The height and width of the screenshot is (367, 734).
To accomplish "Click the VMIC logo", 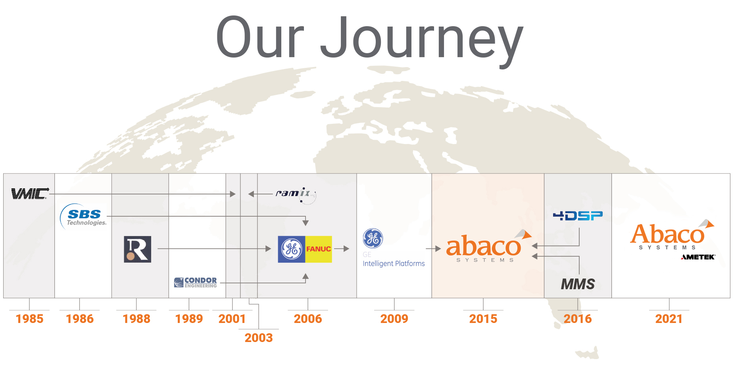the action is [30, 193].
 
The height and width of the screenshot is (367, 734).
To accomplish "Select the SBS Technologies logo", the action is [83, 217].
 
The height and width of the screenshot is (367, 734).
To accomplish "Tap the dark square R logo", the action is [137, 249].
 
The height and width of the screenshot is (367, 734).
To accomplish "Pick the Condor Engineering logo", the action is [196, 282].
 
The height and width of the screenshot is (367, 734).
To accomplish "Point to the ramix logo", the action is [296, 195].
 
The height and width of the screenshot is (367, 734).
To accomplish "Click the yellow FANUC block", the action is [319, 249].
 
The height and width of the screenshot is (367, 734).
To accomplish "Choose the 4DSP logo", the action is [578, 215].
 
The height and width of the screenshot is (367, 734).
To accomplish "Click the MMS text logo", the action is [578, 284].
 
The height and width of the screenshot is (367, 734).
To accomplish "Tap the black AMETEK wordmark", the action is [698, 257].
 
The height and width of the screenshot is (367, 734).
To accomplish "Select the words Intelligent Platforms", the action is [394, 263].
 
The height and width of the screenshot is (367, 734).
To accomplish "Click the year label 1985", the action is [29, 319].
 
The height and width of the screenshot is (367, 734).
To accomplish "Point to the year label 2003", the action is [259, 338].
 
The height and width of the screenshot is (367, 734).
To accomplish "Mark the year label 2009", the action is [394, 319].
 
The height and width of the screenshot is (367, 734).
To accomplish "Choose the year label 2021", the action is [669, 319].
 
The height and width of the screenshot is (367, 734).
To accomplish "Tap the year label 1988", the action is [136, 319].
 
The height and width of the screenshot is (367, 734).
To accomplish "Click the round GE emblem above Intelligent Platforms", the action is [373, 238].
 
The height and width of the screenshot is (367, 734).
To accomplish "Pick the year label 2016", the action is [578, 319].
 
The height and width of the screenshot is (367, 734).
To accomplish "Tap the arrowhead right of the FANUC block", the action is [346, 249].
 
